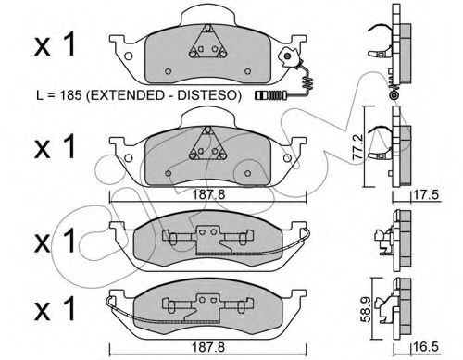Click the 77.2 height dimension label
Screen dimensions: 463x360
[357, 146]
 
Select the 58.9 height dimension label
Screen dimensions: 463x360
[366, 309]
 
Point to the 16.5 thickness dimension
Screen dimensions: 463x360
[427, 347]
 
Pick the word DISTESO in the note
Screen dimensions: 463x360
[209, 95]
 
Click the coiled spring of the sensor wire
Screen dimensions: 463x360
[307, 82]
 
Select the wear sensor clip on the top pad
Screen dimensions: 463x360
[289, 57]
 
